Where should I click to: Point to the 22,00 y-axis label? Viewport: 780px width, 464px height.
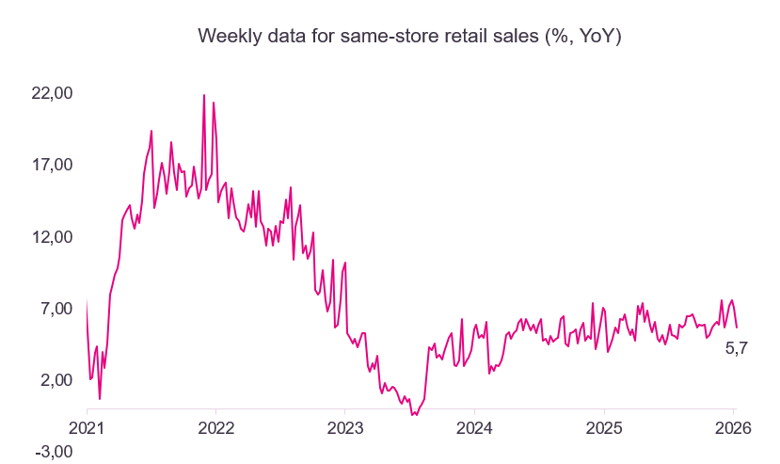pos(53,93)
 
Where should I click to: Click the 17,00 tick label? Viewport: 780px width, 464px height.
pos(53,165)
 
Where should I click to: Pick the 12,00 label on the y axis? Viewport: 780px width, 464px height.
pos(53,237)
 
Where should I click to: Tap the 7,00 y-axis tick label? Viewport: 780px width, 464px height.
pos(56,309)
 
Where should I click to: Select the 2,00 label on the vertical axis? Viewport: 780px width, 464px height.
pos(56,380)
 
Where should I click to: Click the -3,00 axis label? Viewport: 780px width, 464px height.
pos(54,452)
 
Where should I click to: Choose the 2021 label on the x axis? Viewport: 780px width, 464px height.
pos(87,426)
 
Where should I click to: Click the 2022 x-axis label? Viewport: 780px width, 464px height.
pos(215,426)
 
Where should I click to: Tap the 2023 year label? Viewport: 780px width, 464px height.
pos(344,426)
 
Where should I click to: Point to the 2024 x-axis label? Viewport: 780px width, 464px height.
pos(474,426)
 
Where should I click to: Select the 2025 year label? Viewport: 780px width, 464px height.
pos(603,426)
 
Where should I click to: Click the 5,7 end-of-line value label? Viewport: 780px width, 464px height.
pos(736,348)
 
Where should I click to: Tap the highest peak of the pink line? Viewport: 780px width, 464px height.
pos(204,95)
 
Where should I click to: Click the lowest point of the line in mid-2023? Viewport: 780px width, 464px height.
pos(413,414)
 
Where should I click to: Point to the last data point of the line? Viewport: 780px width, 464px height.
pos(737,327)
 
